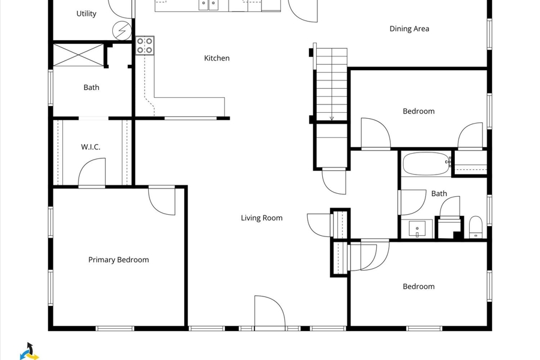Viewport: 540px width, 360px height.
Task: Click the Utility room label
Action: point(86,14)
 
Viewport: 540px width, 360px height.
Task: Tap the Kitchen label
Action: point(217,58)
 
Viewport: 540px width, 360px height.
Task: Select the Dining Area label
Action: point(409,29)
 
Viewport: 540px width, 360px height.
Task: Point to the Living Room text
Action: point(262,218)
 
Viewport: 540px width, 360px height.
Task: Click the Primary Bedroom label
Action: point(118,260)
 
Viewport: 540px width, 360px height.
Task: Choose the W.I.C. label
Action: point(91,147)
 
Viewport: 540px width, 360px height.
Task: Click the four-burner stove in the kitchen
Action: point(145,46)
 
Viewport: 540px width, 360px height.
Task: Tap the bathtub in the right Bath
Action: point(427,164)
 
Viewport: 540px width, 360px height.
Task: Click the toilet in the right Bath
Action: point(476,227)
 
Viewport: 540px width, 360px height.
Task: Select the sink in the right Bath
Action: point(417,229)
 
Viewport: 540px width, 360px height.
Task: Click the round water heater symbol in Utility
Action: point(122,31)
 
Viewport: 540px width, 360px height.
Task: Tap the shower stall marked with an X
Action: point(78,55)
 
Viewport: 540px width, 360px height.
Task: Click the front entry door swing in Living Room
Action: point(270,311)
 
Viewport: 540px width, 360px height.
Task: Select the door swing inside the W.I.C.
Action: point(92,172)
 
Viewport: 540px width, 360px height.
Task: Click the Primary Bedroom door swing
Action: point(162,202)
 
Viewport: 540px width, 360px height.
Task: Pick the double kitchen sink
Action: point(209,4)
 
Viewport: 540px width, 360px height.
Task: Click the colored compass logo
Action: point(29,352)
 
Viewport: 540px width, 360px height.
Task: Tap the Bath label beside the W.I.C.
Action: point(91,88)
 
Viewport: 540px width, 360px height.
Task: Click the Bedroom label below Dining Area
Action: point(418,111)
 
